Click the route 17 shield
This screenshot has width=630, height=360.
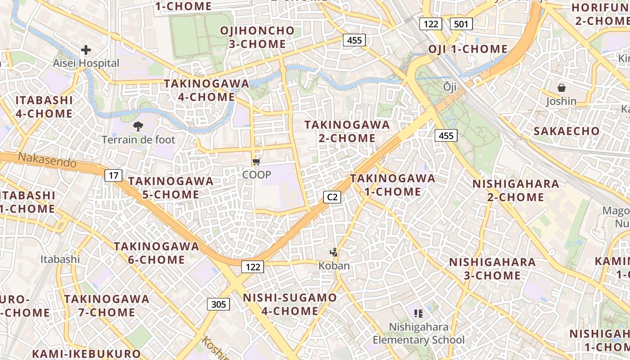(x=113, y=175)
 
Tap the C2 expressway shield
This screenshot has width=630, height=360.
(x=332, y=197)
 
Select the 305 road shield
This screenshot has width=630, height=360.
(x=218, y=304)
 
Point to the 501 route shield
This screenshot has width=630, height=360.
(x=461, y=24)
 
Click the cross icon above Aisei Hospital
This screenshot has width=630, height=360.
(x=86, y=50)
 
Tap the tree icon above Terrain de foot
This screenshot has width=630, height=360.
(x=138, y=126)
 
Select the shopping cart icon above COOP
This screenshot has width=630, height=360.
(x=256, y=162)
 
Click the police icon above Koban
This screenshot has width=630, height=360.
(x=334, y=252)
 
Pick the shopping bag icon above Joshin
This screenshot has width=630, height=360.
(x=561, y=88)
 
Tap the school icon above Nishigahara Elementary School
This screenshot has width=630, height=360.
(x=418, y=313)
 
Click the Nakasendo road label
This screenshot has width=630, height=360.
(x=47, y=160)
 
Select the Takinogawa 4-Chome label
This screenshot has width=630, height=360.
(x=206, y=90)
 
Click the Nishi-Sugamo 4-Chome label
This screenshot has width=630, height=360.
(x=290, y=304)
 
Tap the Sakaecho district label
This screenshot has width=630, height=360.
(x=567, y=131)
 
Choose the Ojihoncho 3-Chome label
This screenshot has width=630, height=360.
(x=257, y=37)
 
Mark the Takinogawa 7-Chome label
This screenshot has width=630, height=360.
(x=106, y=306)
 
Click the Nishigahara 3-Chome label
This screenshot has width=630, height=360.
(x=492, y=269)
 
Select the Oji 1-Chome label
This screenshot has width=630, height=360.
(x=468, y=49)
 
